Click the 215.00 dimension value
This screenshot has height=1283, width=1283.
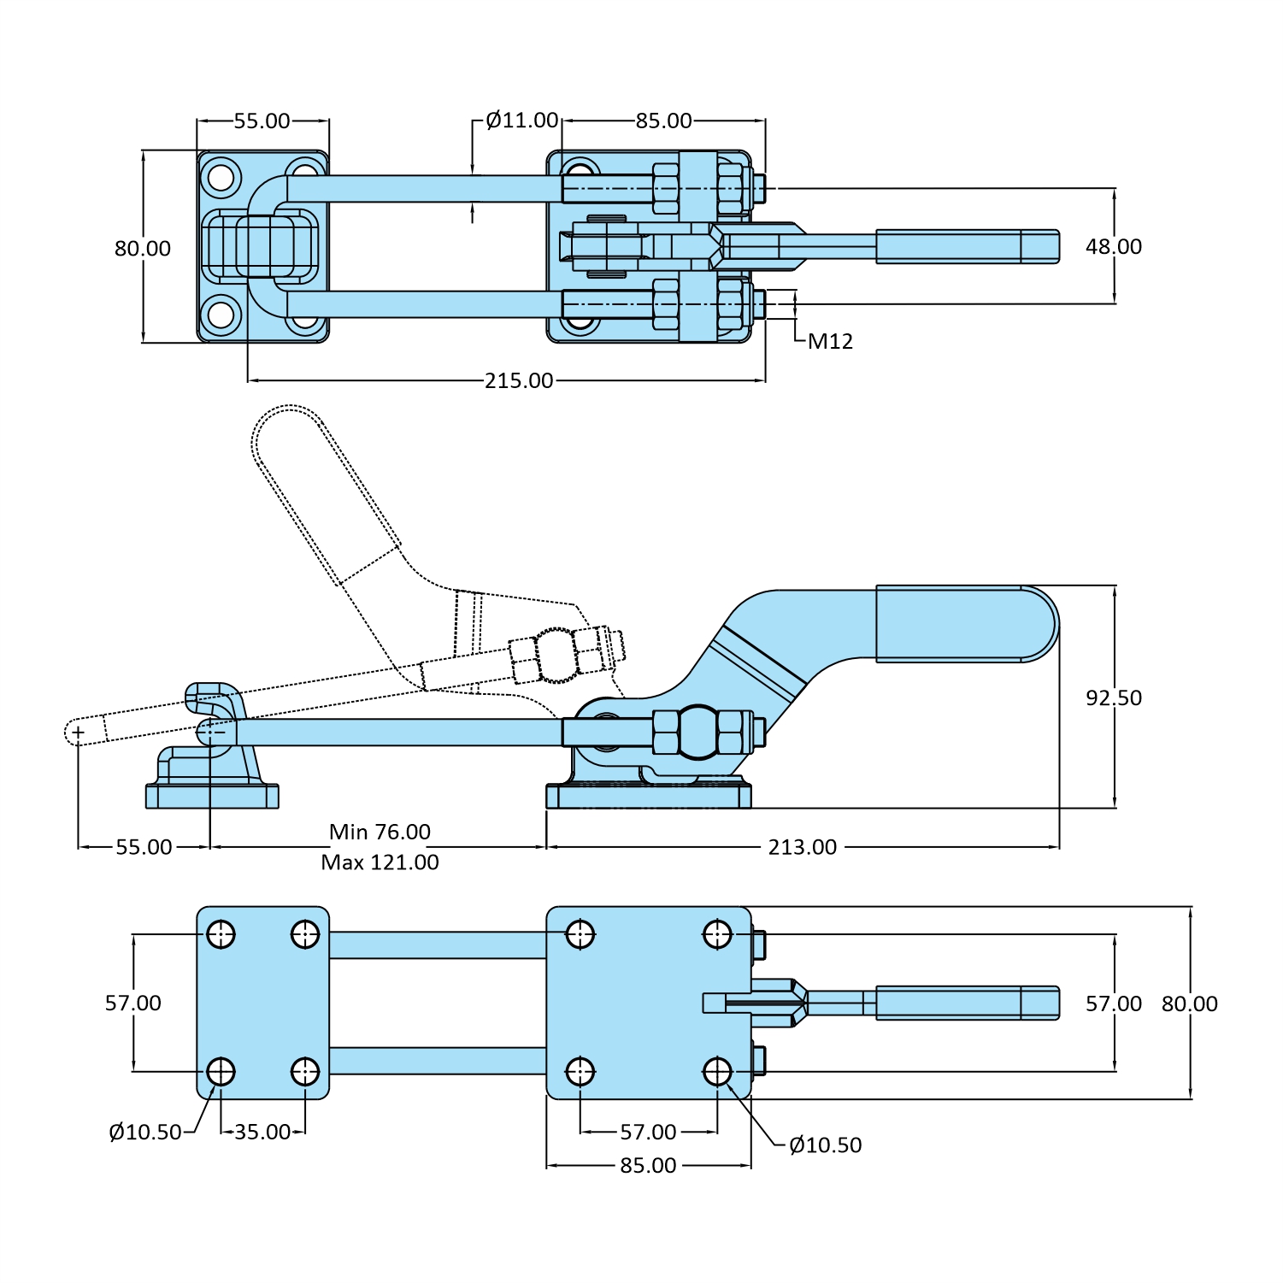pyautogui.click(x=519, y=380)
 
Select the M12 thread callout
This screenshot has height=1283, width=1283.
pyautogui.click(x=830, y=342)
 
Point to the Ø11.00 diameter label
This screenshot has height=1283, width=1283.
pyautogui.click(x=521, y=121)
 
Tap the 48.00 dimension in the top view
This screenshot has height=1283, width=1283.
pyautogui.click(x=1113, y=247)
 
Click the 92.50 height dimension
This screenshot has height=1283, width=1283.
pyautogui.click(x=1113, y=697)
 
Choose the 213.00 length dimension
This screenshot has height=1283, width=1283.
pyautogui.click(x=802, y=847)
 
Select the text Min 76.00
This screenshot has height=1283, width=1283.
pyautogui.click(x=380, y=832)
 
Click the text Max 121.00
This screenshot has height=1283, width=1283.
pyautogui.click(x=380, y=862)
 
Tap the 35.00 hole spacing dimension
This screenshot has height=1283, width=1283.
pyautogui.click(x=262, y=1132)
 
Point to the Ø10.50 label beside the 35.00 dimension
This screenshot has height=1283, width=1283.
pyautogui.click(x=145, y=1133)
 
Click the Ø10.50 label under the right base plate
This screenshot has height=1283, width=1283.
pyautogui.click(x=825, y=1145)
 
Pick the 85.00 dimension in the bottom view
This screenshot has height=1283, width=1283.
pyautogui.click(x=648, y=1165)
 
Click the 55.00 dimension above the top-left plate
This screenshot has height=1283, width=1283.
pyautogui.click(x=262, y=121)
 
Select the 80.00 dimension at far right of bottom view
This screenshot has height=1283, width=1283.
pyautogui.click(x=1189, y=1003)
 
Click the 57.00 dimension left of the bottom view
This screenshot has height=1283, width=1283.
pyautogui.click(x=133, y=1003)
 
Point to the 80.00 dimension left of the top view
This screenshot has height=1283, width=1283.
pyautogui.click(x=143, y=249)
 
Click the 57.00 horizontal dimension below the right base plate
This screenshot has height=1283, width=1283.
pyautogui.click(x=648, y=1132)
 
